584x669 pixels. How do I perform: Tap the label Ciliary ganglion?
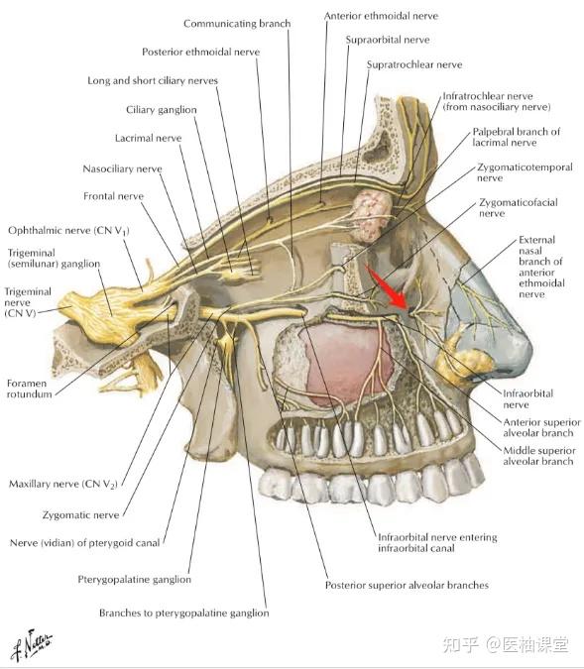162,110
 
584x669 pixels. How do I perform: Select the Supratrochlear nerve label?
414,64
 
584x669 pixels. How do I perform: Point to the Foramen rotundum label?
29,389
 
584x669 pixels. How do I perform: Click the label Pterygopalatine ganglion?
134,580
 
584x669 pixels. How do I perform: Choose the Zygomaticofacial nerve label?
518,208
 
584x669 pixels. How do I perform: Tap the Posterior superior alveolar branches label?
407,585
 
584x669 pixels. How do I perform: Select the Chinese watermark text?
506,644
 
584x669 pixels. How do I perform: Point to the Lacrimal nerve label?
148,138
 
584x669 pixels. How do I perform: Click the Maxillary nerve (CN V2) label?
62,485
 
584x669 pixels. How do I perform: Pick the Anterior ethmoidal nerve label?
381,16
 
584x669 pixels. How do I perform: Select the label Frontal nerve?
114,196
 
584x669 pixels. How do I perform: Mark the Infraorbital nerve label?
527,399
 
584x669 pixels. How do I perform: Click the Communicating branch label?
237,24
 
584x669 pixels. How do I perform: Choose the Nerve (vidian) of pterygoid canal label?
85,543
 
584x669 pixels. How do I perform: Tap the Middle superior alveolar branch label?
539,456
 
